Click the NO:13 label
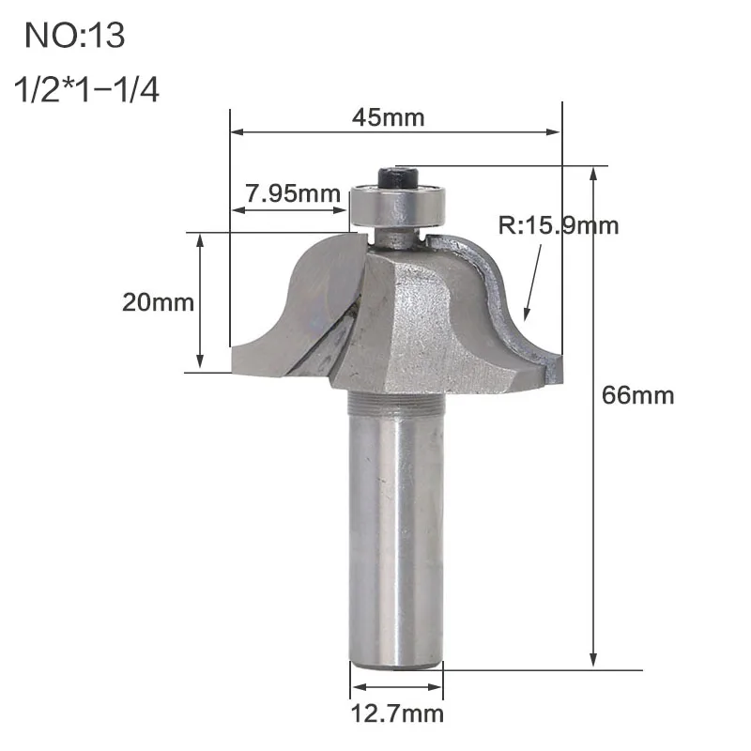(75, 35)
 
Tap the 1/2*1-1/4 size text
(86, 89)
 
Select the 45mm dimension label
(389, 117)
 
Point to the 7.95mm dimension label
(293, 193)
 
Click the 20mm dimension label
(158, 302)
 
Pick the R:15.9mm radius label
(559, 225)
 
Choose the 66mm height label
(638, 395)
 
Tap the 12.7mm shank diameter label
(397, 713)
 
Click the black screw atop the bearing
(398, 176)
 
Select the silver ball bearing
(398, 206)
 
